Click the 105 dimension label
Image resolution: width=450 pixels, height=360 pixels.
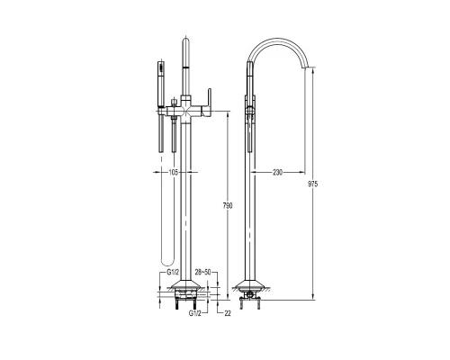tap(174, 172)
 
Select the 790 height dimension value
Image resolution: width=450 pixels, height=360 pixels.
tap(228, 206)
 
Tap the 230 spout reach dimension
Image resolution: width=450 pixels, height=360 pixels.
tap(277, 173)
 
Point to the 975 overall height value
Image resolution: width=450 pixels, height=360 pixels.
tap(312, 184)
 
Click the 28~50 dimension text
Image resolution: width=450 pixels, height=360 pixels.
tap(202, 272)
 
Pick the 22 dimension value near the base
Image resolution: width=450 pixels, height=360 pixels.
tap(228, 313)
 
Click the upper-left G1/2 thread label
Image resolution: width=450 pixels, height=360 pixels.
tap(173, 273)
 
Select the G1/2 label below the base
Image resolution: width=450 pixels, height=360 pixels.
tap(194, 313)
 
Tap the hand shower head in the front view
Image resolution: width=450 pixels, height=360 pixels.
tap(161, 84)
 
